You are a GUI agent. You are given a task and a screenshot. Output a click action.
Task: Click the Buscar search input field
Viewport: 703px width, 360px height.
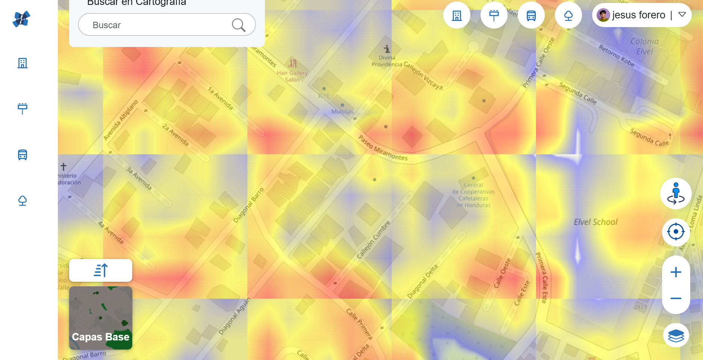click(x=158, y=25)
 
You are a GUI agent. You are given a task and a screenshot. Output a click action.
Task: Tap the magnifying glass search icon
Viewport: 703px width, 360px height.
click(x=239, y=25)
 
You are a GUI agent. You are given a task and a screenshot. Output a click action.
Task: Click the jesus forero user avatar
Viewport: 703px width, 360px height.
click(x=603, y=15)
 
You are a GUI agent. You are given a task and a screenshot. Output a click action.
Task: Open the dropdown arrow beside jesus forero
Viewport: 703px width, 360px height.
click(x=682, y=15)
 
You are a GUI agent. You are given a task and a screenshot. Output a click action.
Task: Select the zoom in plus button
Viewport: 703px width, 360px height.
click(x=676, y=272)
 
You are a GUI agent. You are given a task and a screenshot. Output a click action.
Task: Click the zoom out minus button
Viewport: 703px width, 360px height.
click(x=676, y=298)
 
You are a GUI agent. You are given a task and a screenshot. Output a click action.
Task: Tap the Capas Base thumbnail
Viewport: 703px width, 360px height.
click(x=101, y=318)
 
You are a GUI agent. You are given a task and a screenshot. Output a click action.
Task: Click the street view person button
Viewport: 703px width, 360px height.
click(x=676, y=194)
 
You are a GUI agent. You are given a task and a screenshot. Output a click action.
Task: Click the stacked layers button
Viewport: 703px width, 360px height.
click(x=676, y=335)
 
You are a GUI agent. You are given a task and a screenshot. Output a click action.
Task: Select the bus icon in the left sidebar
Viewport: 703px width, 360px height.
click(x=23, y=154)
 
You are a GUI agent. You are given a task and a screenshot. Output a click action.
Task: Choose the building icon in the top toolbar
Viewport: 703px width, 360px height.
click(x=457, y=15)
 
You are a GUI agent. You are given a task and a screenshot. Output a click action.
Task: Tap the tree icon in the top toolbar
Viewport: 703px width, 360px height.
click(x=568, y=15)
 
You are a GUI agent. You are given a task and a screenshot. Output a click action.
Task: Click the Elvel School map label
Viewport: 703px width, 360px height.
click(x=596, y=222)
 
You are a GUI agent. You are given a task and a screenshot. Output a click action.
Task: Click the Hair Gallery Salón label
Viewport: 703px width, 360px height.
click(x=292, y=76)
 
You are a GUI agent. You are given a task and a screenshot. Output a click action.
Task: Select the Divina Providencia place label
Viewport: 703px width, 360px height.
click(x=387, y=61)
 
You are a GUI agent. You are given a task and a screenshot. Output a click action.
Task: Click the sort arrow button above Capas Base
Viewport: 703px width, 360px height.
click(x=101, y=270)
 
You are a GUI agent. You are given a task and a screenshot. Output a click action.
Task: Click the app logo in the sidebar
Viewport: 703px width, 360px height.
click(x=21, y=19)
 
